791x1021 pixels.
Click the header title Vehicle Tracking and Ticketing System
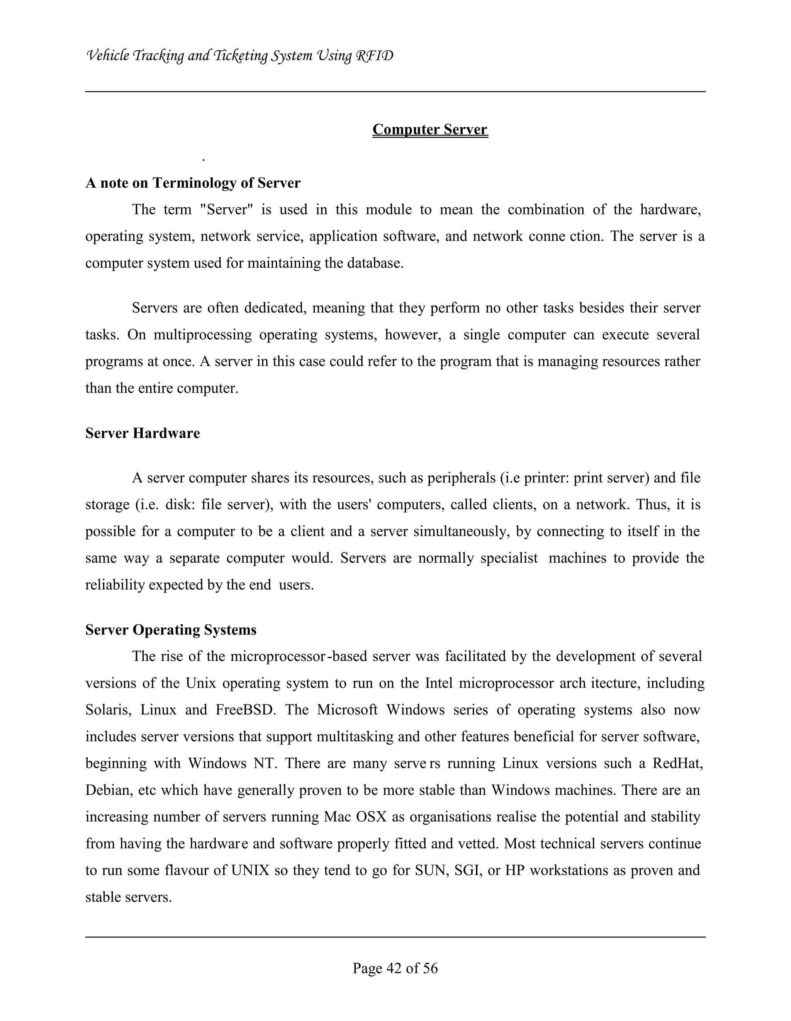click(239, 56)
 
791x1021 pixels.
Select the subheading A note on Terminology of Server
click(193, 183)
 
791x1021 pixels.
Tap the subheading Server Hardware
click(142, 433)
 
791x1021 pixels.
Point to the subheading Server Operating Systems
click(171, 630)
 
